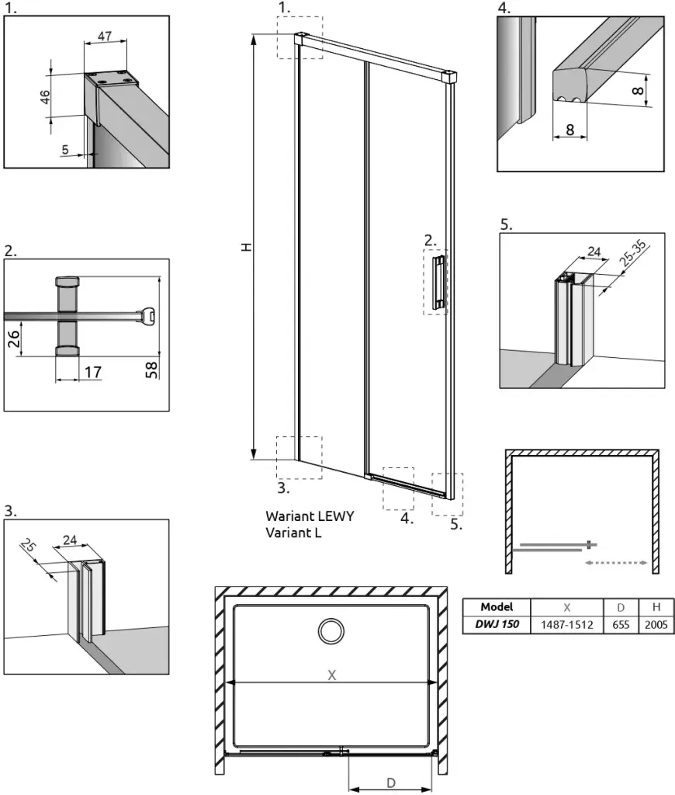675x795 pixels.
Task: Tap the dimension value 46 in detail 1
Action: [45, 97]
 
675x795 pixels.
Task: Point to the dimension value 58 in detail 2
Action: [152, 369]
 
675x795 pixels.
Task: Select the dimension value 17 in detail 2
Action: [92, 372]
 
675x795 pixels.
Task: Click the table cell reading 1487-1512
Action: [566, 623]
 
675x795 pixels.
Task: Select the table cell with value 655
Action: [620, 623]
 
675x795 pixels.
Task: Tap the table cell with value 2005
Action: [656, 623]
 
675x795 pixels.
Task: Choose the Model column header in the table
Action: [496, 606]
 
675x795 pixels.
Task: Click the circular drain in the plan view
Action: [331, 630]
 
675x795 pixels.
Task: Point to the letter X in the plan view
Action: [331, 675]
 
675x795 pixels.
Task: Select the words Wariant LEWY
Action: [310, 516]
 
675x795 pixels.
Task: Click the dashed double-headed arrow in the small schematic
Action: [616, 562]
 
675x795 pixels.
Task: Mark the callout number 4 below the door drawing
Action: [407, 519]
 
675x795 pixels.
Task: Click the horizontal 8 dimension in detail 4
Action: [571, 130]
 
